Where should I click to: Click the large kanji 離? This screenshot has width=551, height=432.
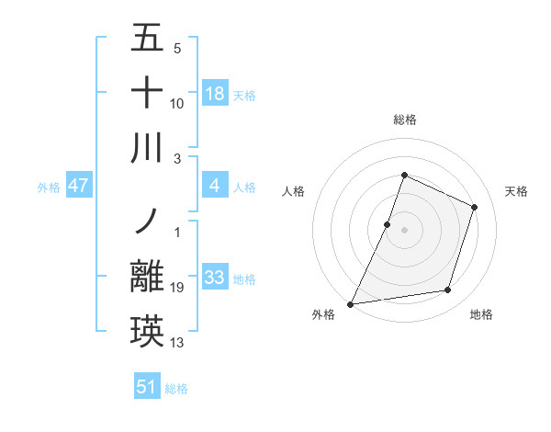coord(147,277)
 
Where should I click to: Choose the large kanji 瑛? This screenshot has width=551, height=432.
coord(147,331)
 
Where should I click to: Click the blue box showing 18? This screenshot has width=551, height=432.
coord(214,94)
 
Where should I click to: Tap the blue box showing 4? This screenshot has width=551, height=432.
coord(214,187)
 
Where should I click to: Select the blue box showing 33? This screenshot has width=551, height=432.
coord(214,278)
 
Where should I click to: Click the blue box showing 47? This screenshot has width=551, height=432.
coord(79,187)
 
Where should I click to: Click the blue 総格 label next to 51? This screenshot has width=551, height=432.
coord(176,389)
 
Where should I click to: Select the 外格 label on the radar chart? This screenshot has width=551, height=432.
coord(323,315)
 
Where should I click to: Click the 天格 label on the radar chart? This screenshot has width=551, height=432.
coord(517,191)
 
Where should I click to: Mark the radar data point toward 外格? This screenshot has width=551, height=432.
coord(351,303)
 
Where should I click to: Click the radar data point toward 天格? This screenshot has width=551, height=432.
coord(474,207)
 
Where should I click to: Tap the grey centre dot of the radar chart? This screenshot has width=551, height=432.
coord(404,230)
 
